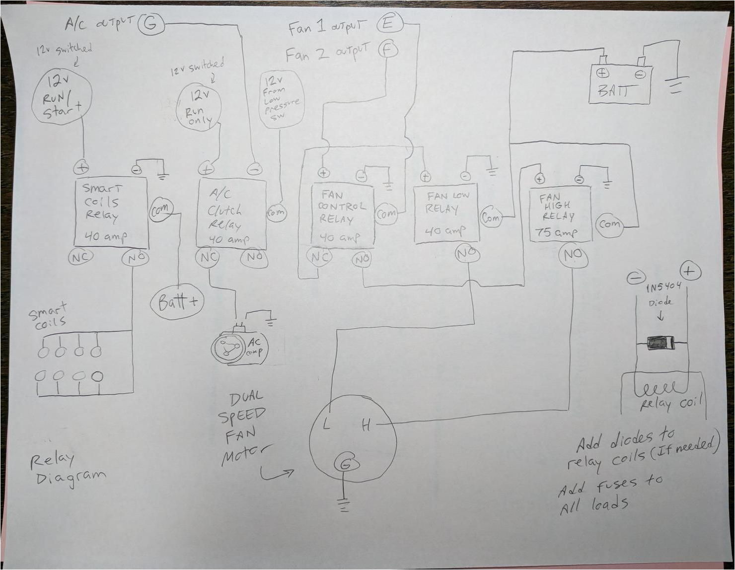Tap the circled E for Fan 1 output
click(x=388, y=24)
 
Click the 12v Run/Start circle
click(x=62, y=97)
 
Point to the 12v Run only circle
click(x=200, y=107)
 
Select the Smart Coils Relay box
click(x=111, y=212)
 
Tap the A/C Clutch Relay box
click(x=231, y=214)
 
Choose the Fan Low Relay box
click(x=446, y=214)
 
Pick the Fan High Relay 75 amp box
click(x=560, y=214)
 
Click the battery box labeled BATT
click(x=620, y=84)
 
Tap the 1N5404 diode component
click(x=661, y=343)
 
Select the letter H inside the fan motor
click(x=367, y=425)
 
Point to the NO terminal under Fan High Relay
click(x=573, y=256)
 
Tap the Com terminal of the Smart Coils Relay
click(x=160, y=209)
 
